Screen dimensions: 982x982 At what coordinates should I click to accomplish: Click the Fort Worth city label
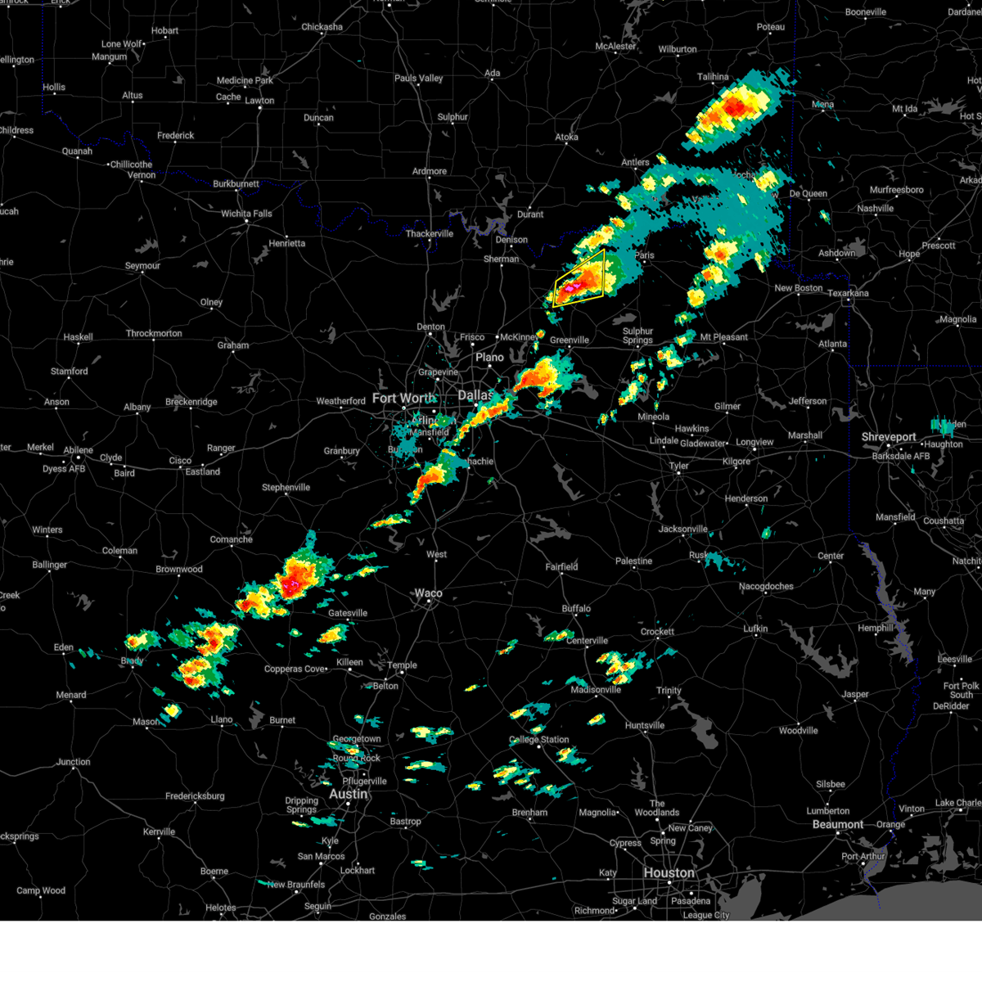point(403,399)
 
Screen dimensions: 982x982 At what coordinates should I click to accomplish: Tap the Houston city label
point(669,873)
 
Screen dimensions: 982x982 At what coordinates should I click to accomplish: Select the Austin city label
point(348,794)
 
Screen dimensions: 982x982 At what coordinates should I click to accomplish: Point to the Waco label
point(428,593)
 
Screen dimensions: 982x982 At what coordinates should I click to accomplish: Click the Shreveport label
point(889,438)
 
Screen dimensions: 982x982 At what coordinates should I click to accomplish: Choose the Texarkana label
point(848,293)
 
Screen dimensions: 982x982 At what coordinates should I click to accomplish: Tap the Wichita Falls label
point(246,214)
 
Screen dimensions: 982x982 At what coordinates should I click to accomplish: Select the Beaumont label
point(838,824)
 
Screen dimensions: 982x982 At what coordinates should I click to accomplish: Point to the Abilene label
point(79,449)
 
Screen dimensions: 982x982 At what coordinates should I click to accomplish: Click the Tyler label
point(678,466)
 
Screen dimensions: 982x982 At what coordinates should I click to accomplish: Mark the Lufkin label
point(755,628)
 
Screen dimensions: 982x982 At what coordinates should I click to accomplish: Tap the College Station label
point(538,740)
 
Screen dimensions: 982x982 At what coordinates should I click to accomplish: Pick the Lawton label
point(259,101)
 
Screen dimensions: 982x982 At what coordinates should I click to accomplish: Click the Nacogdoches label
point(766,586)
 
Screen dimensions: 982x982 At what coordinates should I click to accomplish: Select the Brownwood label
point(178,569)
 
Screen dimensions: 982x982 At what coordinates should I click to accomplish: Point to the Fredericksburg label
point(195,796)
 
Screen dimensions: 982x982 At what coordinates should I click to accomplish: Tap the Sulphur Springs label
point(637,336)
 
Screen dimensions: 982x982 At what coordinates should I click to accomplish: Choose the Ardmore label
point(430,171)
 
